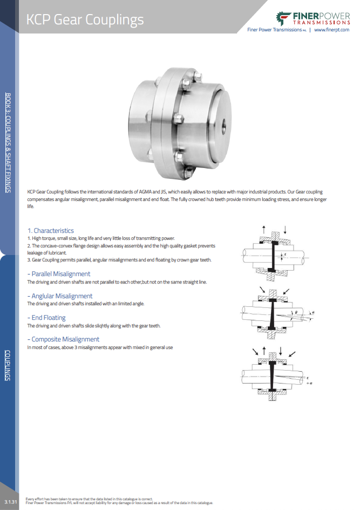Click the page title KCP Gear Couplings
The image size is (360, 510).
[85, 20]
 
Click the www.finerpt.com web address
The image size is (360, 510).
[331, 30]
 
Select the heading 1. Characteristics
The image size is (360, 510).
[50, 231]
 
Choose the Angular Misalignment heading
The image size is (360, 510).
[62, 296]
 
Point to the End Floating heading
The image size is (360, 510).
[48, 318]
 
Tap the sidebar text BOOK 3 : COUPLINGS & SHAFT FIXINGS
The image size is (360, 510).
[8, 142]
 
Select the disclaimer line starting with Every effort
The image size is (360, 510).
[89, 498]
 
